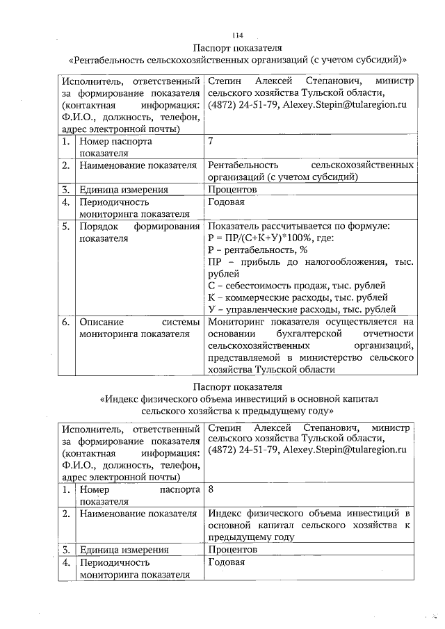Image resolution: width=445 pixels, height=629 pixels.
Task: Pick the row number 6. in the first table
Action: (x=65, y=322)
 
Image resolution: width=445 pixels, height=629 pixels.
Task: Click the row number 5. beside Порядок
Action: (x=65, y=227)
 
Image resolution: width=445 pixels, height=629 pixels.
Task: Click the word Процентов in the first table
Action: (x=233, y=189)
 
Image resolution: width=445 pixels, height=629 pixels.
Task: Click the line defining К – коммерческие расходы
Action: (x=298, y=297)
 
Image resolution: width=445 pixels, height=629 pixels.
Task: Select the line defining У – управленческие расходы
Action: (x=302, y=309)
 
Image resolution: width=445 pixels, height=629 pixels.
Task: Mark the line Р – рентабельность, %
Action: (x=258, y=250)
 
